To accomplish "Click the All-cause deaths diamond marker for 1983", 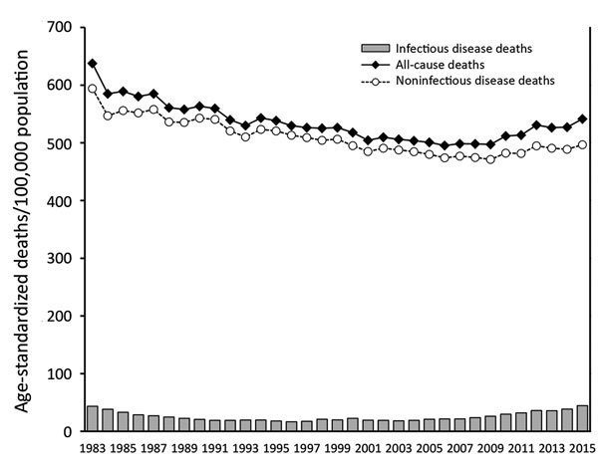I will pos(92,64).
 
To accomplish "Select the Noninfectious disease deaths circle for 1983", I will pos(92,89).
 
